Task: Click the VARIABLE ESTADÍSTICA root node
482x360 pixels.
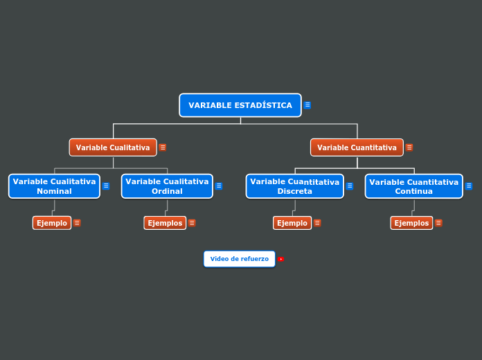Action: click(x=240, y=105)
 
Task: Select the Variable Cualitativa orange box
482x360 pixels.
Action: click(x=113, y=147)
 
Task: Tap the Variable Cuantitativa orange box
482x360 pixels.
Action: click(x=357, y=147)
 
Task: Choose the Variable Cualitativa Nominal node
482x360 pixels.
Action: click(x=54, y=186)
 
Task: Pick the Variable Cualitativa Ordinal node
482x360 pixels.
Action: click(x=167, y=186)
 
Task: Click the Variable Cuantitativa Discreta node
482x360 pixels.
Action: click(x=294, y=186)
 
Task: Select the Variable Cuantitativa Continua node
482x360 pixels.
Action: click(x=413, y=186)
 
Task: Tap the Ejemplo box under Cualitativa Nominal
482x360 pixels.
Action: click(x=52, y=223)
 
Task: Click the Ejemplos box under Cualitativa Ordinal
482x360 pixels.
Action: click(x=165, y=223)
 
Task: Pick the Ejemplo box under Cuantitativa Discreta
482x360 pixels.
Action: click(x=292, y=223)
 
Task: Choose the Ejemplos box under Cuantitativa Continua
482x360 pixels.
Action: click(x=411, y=223)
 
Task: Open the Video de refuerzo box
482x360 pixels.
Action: click(x=239, y=259)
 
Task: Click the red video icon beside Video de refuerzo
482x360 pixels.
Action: click(x=280, y=259)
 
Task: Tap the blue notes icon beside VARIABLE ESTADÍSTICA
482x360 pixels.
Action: click(x=307, y=105)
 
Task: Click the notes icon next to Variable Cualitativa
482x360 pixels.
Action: click(x=163, y=147)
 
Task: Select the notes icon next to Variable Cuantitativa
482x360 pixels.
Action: click(x=409, y=147)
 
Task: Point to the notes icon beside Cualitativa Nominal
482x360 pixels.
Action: click(x=106, y=186)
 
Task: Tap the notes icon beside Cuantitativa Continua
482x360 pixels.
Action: click(x=469, y=186)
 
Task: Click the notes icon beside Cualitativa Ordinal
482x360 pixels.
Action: click(x=219, y=186)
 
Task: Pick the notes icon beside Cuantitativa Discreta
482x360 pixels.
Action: click(x=350, y=186)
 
